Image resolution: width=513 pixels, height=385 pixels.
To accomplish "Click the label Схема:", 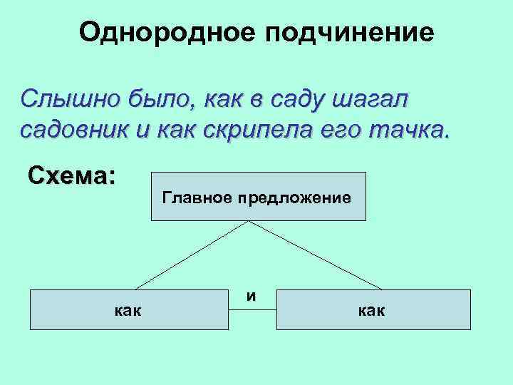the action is click(72, 175).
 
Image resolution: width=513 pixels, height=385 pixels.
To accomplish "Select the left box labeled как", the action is click(128, 309).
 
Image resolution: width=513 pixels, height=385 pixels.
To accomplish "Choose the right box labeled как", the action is click(373, 309).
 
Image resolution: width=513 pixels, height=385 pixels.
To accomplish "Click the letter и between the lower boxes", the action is click(252, 294).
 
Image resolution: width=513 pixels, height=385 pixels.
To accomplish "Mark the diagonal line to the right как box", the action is click(318, 255).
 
